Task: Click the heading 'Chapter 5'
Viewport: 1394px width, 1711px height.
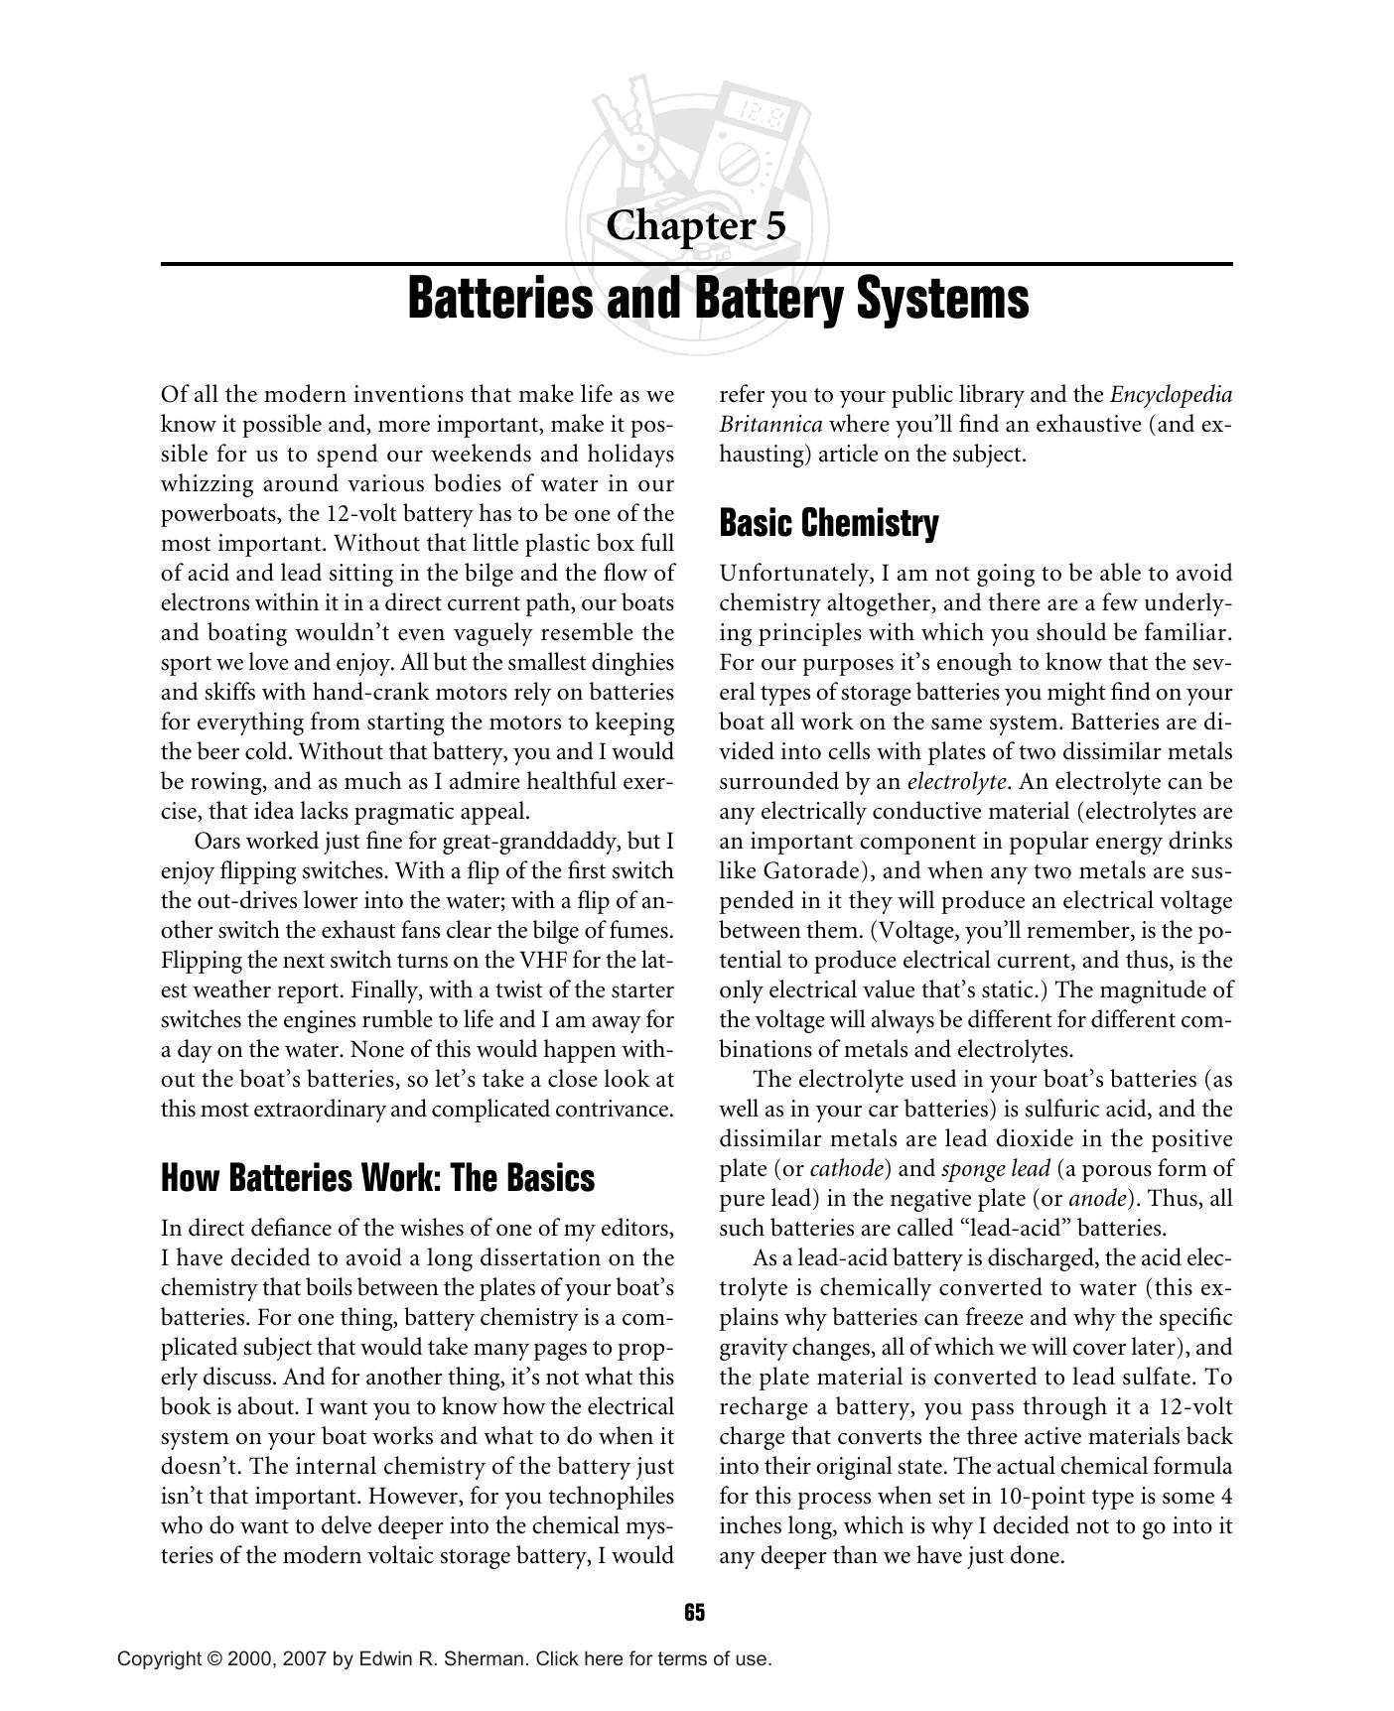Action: click(x=695, y=226)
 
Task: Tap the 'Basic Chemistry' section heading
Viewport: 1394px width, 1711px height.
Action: click(x=828, y=523)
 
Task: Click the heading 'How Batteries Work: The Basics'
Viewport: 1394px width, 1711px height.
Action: click(x=377, y=1178)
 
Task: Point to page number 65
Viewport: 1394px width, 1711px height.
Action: click(x=695, y=1613)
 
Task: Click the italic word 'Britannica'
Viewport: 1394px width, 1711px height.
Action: click(x=770, y=425)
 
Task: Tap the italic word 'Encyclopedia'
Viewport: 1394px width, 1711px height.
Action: click(x=1171, y=395)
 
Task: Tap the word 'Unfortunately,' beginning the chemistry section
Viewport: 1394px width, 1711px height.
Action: click(x=788, y=574)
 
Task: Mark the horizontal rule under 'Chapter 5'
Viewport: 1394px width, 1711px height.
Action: click(x=695, y=264)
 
